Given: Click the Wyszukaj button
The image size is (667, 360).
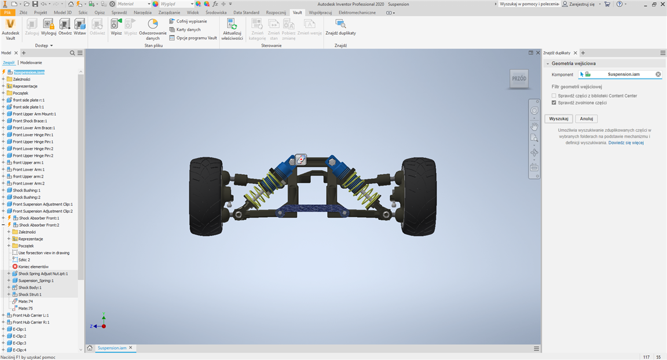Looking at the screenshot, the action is (559, 119).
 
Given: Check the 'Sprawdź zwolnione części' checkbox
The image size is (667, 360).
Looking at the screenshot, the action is (554, 102).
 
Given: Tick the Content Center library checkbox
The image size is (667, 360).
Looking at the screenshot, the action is (554, 95).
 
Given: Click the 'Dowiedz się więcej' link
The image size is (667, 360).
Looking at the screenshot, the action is (626, 143).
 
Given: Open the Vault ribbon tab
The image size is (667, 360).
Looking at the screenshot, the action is (298, 12).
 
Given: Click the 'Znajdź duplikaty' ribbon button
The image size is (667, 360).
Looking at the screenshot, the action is (340, 28).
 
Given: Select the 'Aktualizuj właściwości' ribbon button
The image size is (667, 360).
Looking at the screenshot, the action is (232, 30).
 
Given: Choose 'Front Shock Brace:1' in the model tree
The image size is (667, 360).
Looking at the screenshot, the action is (30, 121).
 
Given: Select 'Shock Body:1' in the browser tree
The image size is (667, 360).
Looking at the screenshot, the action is (30, 287).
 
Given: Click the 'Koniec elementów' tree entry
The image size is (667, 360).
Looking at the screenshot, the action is (33, 266).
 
